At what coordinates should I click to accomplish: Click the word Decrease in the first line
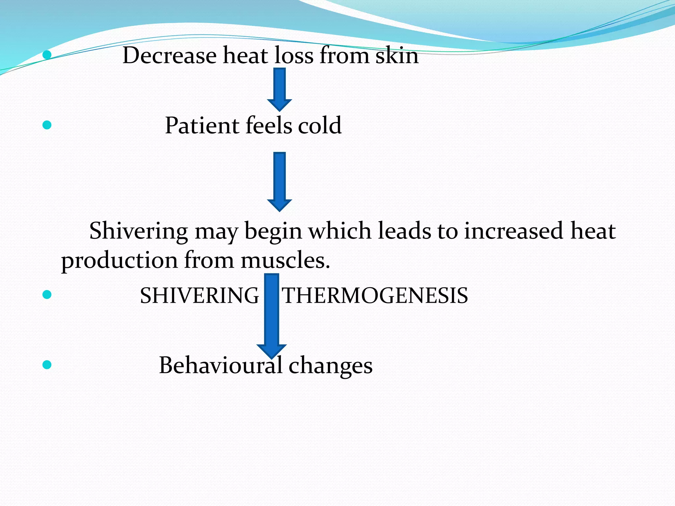tap(169, 56)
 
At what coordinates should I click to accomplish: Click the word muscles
tap(285, 261)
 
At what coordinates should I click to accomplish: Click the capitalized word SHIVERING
tap(199, 295)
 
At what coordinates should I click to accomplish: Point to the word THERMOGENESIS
tap(375, 295)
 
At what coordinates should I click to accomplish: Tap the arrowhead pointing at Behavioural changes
tap(272, 351)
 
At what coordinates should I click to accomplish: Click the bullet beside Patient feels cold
tap(47, 125)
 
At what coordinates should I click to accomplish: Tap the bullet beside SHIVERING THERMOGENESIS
tap(47, 295)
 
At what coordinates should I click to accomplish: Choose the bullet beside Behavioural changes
tap(47, 365)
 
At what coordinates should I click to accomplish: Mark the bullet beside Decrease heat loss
tap(47, 55)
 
